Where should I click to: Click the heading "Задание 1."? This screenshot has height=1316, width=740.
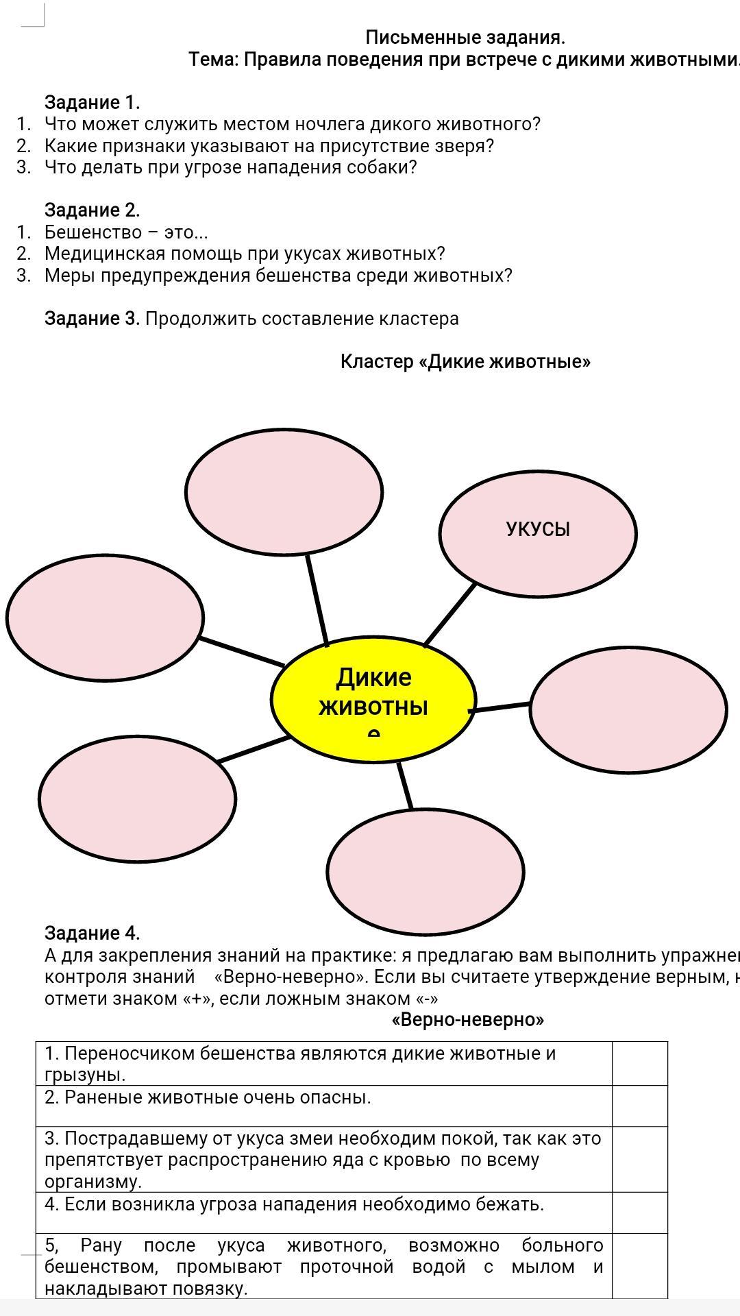tap(92, 102)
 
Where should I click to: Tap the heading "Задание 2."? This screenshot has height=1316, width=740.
tap(92, 210)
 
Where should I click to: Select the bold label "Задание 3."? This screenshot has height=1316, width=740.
tap(92, 318)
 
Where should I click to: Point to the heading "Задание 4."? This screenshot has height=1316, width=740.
tap(92, 933)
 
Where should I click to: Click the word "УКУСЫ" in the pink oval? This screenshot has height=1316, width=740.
tap(538, 529)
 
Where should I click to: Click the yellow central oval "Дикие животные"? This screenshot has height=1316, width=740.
tap(373, 703)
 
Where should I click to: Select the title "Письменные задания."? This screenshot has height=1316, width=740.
tap(465, 37)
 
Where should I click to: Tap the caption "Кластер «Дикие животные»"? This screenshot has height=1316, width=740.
tap(465, 361)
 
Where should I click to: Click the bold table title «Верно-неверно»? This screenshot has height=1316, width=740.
tap(468, 1020)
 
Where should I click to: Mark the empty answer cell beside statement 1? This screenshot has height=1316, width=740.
tap(639, 1063)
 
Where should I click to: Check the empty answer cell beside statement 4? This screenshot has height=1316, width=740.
tap(639, 1213)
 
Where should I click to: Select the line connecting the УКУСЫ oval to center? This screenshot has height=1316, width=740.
tap(450, 614)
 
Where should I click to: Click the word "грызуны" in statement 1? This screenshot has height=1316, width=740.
tap(84, 1074)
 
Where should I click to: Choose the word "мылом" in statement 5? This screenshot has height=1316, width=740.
tap(543, 1267)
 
